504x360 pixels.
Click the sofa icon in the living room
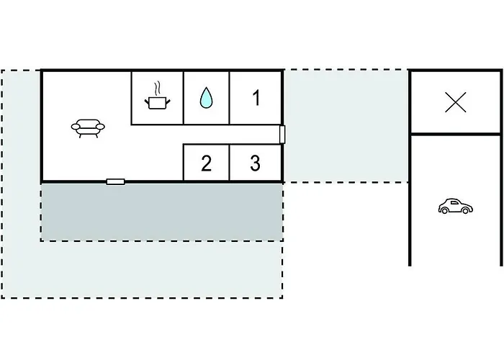pyautogui.click(x=88, y=127)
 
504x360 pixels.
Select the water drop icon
pyautogui.click(x=206, y=98)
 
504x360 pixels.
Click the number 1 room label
pyautogui.click(x=256, y=98)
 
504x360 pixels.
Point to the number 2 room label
pyautogui.click(x=207, y=163)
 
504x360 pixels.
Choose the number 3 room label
pyautogui.click(x=255, y=163)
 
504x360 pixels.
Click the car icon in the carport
pyautogui.click(x=455, y=207)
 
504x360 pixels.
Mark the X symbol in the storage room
pyautogui.click(x=455, y=103)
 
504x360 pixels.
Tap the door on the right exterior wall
pyautogui.click(x=283, y=134)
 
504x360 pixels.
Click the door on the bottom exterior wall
pyautogui.click(x=115, y=181)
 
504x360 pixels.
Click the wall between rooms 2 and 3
pyautogui.click(x=230, y=163)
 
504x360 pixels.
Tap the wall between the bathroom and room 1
pyautogui.click(x=230, y=97)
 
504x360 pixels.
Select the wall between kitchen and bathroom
pyautogui.click(x=184, y=97)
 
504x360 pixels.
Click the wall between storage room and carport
pyautogui.click(x=455, y=134)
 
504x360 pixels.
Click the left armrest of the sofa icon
pyautogui.click(x=75, y=127)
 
